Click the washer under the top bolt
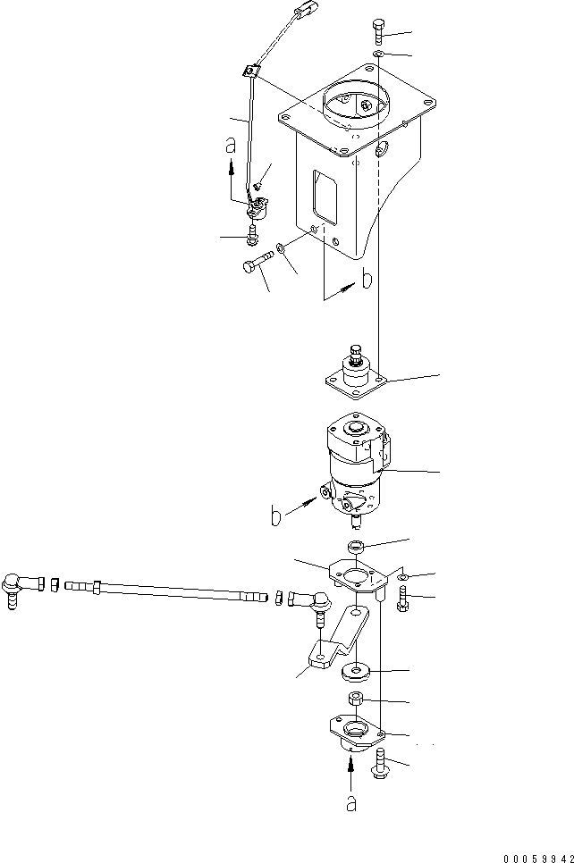pos(379,55)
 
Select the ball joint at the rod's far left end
pos(15,586)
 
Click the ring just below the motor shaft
pos(355,546)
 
